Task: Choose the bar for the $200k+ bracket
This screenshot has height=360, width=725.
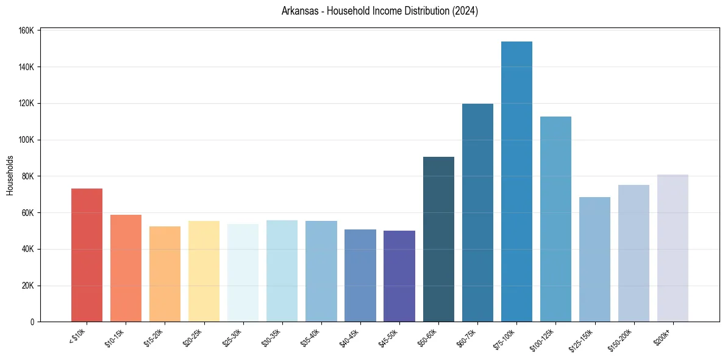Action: tap(673, 248)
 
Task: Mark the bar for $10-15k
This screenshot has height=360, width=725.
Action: tap(126, 268)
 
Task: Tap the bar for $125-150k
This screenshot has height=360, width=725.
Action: tap(595, 259)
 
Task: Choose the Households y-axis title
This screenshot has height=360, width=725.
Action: tap(10, 175)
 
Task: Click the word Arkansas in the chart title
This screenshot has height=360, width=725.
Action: tap(299, 11)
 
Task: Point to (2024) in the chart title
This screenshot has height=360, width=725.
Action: tap(465, 11)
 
